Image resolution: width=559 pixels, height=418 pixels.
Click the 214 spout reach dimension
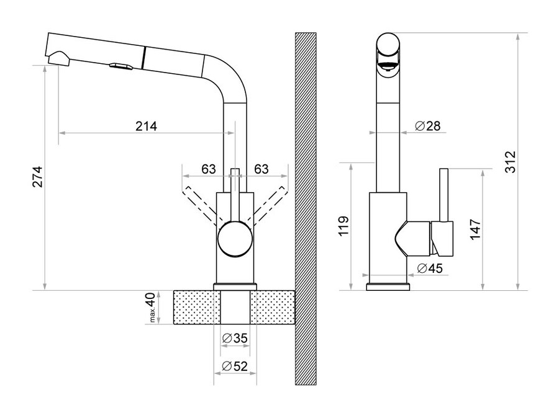pos(146,126)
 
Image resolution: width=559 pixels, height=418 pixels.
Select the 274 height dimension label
pos(37,177)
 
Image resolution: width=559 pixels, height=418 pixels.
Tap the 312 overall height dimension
pos(511,162)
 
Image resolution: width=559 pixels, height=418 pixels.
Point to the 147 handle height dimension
pos(475,229)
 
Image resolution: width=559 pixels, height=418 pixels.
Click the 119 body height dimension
pos(343,226)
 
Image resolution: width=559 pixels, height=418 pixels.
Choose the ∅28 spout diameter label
pos(427,126)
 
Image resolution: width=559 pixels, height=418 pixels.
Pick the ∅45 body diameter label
pos(430,268)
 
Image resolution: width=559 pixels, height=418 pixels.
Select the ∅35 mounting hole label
pos(235,338)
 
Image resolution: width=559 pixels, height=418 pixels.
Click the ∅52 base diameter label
pos(235,366)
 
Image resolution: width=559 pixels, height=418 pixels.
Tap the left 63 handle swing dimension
pos(209,169)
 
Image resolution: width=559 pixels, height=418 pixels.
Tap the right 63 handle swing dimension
pos(261,169)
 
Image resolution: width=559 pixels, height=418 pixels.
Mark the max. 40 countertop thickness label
pos(152,307)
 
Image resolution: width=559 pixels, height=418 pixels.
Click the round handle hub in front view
pos(235,238)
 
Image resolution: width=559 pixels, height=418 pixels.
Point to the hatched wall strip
pos(306,208)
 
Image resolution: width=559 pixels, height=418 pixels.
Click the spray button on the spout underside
pos(121,66)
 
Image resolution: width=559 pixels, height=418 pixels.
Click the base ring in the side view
pos(388,287)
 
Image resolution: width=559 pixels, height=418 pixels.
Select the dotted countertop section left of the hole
pos(197,307)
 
